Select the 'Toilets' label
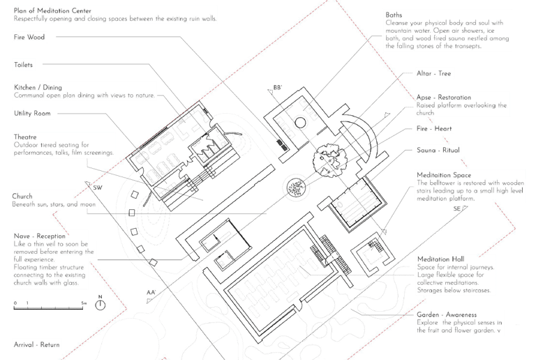click(x=24, y=65)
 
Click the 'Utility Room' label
click(x=32, y=113)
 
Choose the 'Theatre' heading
click(x=25, y=137)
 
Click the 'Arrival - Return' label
click(x=37, y=345)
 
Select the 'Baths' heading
click(x=394, y=15)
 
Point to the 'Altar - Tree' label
click(x=434, y=73)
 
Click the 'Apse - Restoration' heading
click(x=443, y=98)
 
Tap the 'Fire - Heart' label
click(x=434, y=129)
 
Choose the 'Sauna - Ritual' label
click(x=438, y=149)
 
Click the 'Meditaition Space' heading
click(x=444, y=175)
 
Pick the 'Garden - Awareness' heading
click(x=447, y=315)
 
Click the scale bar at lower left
click(x=49, y=304)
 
